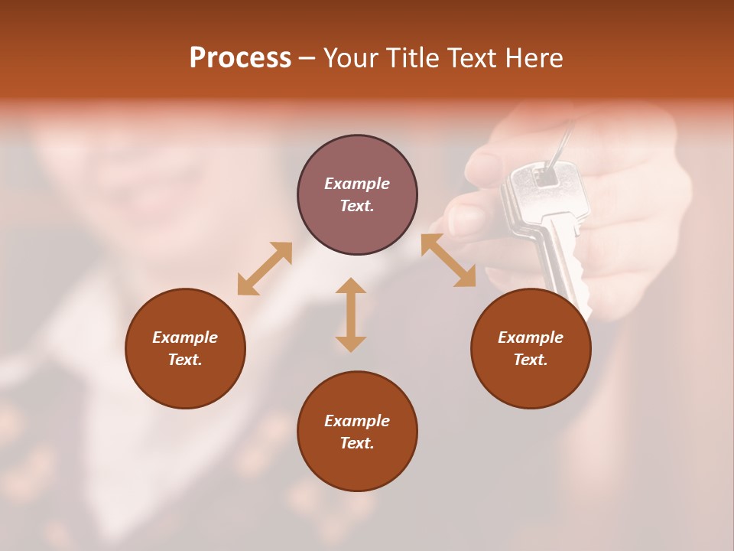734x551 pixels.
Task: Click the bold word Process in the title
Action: tap(240, 57)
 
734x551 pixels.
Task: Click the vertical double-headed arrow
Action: tap(351, 315)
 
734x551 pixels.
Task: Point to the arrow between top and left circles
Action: tap(265, 268)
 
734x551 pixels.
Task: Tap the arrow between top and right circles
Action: tap(449, 260)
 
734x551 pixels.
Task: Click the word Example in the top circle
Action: tap(357, 184)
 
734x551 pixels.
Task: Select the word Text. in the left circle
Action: tap(185, 360)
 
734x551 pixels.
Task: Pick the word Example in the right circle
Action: tap(531, 337)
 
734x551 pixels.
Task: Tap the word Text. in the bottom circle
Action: tap(357, 443)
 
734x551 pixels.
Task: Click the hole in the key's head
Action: tap(546, 177)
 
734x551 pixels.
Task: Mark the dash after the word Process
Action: tap(307, 58)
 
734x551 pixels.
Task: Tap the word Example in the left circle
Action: tap(185, 337)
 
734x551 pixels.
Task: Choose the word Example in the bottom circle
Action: tap(357, 421)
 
